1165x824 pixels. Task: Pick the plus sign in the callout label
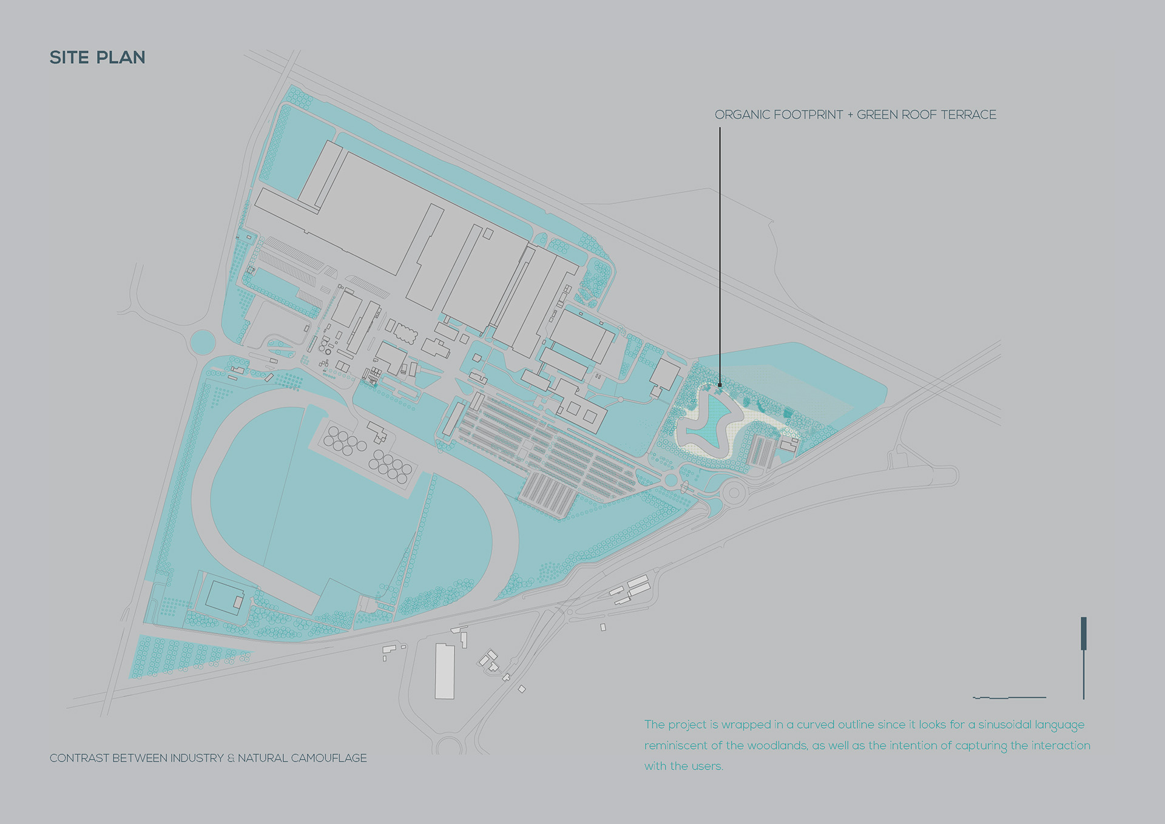coord(850,115)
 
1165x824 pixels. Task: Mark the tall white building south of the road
coord(445,671)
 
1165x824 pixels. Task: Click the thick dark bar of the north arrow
coord(1084,633)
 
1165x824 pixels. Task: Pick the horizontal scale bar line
coord(1010,698)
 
